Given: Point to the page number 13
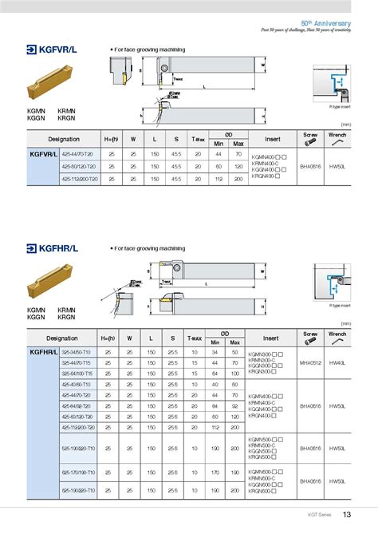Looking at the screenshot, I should pos(347,515).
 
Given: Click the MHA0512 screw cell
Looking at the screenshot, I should pos(310,362).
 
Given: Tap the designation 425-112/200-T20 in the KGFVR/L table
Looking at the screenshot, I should pos(82,180).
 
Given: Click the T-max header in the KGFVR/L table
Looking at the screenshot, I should pos(198,140).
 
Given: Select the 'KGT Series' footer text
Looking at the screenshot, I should pos(319,516).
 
